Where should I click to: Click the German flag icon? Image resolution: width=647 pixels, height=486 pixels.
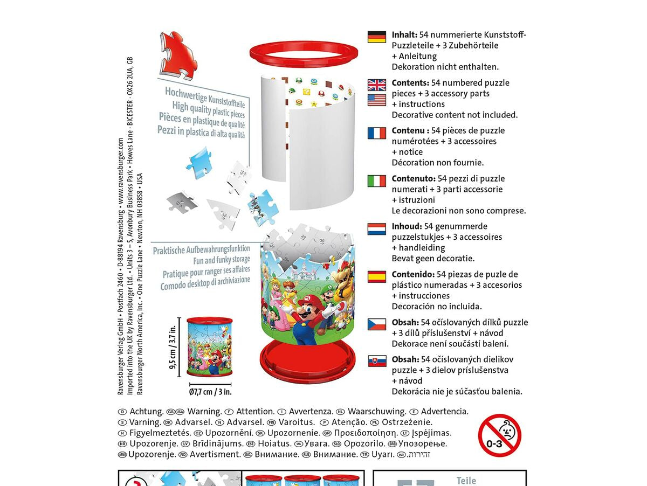(376, 37)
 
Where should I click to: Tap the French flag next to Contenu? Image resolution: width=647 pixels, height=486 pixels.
(376, 133)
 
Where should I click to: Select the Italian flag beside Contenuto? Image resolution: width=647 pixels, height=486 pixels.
(376, 180)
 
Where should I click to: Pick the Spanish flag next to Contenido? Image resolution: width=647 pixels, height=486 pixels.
(376, 276)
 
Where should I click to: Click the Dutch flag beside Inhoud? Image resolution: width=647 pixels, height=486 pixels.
(376, 228)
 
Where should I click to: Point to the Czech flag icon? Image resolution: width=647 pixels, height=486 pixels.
(376, 324)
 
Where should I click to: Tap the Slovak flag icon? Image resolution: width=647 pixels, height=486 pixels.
(376, 361)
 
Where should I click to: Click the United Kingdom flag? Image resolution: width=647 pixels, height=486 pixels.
(376, 85)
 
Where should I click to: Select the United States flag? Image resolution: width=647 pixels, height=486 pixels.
(376, 100)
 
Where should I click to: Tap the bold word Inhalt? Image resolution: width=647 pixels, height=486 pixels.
(404, 34)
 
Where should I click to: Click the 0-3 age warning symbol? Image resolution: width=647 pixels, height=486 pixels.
(499, 435)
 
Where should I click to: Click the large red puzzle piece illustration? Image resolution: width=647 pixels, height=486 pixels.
(177, 54)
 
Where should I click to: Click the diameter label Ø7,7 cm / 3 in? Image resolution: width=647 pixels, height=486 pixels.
(210, 392)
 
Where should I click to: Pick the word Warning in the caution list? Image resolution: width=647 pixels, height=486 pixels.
(204, 411)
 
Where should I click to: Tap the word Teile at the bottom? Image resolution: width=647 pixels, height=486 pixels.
(466, 481)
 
